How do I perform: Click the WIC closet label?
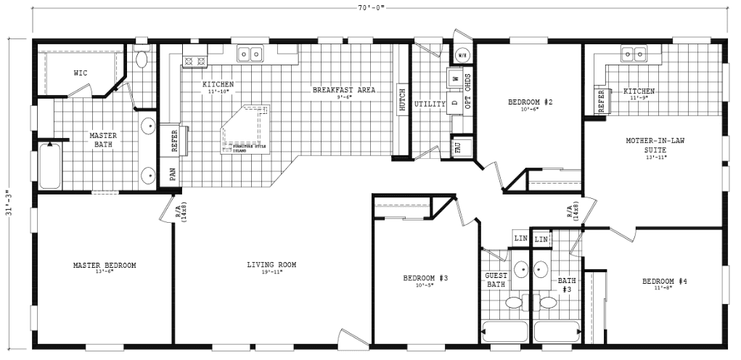pos(81,73)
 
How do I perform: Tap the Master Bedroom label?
pos(105,265)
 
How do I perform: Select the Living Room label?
pos(271,265)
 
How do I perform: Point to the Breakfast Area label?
pos(344,90)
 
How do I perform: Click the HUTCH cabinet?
pos(400,100)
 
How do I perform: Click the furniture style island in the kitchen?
pos(246,129)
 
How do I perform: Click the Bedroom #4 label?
pos(663,281)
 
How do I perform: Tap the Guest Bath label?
pos(496,279)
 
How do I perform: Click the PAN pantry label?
pos(171,174)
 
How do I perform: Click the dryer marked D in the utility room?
pos(455,103)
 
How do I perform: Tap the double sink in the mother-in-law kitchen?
pos(634,54)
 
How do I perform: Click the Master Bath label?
pos(103,139)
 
